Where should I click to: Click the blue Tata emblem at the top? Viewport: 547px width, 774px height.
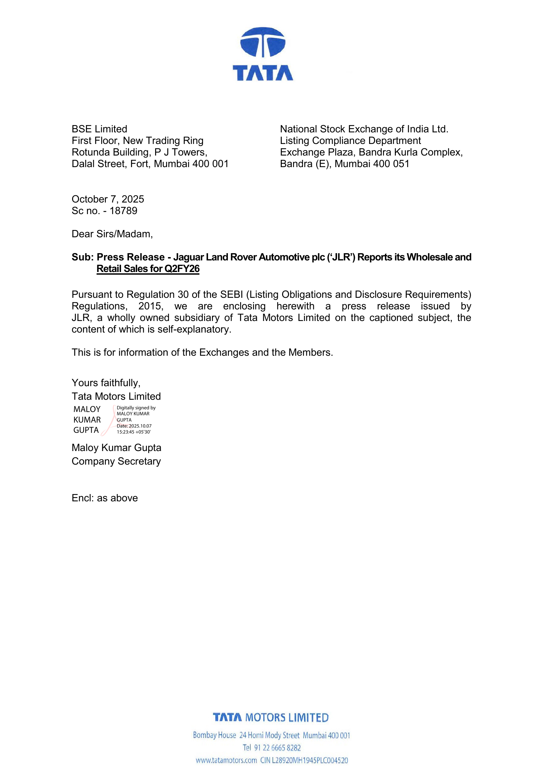coord(263,42)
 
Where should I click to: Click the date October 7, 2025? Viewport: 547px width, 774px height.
coord(108,199)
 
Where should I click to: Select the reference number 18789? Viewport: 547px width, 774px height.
coord(123,211)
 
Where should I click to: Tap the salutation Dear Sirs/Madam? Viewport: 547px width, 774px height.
coord(112,234)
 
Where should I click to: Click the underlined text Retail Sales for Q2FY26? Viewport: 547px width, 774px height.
coord(148,269)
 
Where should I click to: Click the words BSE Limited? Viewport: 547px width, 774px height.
coord(99,129)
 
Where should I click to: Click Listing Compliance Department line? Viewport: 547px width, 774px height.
coord(350,141)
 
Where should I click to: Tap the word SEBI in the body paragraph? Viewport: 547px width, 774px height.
coord(231,295)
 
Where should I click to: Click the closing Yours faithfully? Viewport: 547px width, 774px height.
coord(106,383)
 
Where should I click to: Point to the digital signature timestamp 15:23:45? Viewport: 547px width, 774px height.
coord(126,432)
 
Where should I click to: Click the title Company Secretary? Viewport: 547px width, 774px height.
coord(116,461)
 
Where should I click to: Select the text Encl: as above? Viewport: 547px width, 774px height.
coord(105,498)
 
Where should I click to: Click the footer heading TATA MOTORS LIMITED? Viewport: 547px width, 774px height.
coord(271,717)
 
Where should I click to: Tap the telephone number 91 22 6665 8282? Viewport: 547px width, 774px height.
coord(277,748)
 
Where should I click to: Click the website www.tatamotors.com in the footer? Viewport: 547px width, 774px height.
coord(226,760)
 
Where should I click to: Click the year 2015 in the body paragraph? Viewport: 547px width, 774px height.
coord(150,306)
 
